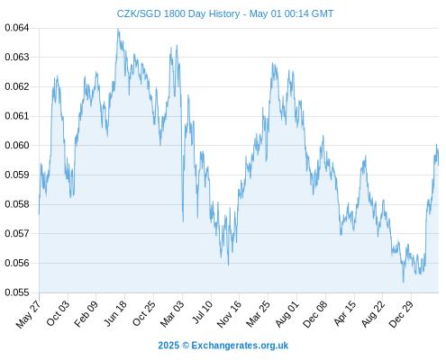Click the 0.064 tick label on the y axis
(17, 28)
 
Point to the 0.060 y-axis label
(17, 146)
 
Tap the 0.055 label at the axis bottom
(17, 292)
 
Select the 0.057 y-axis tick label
(17, 233)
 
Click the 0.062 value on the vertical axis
(17, 86)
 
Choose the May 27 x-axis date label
(28, 314)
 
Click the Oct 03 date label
(58, 313)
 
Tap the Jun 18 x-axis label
(115, 313)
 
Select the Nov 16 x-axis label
(229, 314)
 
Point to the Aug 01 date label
(287, 314)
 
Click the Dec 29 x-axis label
(401, 314)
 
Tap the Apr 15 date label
(344, 313)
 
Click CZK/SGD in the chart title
(139, 13)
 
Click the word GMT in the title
(323, 13)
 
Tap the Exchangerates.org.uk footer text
(240, 346)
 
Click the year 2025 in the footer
(168, 346)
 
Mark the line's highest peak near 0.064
(118, 29)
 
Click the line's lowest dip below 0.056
(404, 282)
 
